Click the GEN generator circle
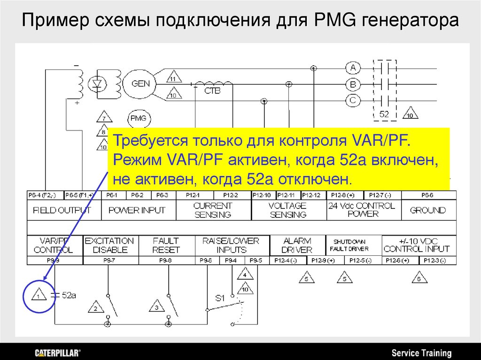click(140, 84)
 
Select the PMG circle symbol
click(138, 118)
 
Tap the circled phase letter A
click(353, 68)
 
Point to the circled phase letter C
click(353, 100)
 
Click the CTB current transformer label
click(212, 91)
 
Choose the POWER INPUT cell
click(137, 210)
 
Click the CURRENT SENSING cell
click(213, 210)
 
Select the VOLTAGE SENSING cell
click(288, 210)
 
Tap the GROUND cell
click(427, 210)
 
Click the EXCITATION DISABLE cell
click(109, 245)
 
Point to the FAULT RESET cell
click(166, 245)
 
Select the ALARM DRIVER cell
click(297, 245)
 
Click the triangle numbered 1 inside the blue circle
click(39, 295)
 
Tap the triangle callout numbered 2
click(95, 308)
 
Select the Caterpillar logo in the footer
click(58, 352)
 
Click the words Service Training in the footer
click(421, 353)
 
